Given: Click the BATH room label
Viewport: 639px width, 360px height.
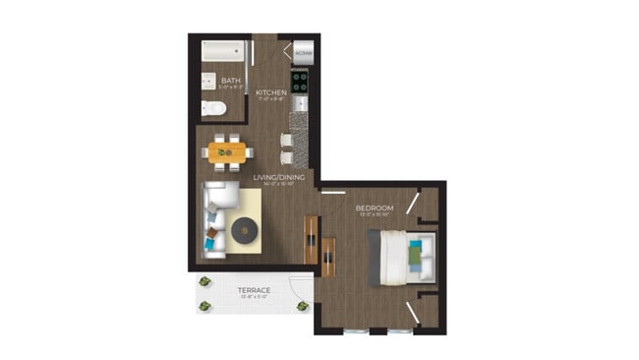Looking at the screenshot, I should tap(232, 81).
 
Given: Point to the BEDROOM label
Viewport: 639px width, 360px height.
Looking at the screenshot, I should tap(374, 208).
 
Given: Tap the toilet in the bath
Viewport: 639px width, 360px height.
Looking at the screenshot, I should tap(212, 107).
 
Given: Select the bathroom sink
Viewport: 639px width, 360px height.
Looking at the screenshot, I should tap(208, 82).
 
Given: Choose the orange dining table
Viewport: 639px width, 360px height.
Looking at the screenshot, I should tap(227, 152).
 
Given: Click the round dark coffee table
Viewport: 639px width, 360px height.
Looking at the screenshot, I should tap(244, 232).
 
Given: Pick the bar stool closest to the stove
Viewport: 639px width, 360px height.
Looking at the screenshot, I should tap(286, 140).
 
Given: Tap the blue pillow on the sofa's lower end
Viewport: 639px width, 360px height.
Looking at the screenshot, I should tap(209, 239).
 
